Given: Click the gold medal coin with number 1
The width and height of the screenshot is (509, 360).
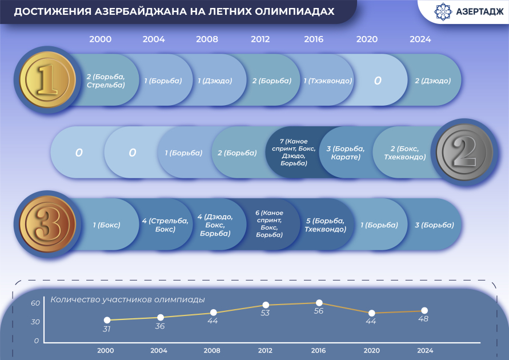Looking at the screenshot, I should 47,80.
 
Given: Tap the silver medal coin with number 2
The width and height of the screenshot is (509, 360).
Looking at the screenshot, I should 464,152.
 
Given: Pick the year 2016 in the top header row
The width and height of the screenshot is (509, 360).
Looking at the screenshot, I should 314,39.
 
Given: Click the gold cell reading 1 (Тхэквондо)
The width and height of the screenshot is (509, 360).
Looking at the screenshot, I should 327,81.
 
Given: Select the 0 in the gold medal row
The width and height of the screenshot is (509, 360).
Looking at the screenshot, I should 378,81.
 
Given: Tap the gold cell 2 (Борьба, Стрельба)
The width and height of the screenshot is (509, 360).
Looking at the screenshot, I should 106,81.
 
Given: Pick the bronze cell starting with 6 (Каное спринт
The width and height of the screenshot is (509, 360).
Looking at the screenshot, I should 268,223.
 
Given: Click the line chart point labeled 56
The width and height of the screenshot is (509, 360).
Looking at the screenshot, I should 319,303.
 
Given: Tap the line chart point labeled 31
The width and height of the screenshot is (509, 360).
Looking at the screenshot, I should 107,321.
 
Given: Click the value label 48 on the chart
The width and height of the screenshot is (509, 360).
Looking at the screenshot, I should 424,319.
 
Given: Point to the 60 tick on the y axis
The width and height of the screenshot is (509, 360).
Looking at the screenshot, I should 35,303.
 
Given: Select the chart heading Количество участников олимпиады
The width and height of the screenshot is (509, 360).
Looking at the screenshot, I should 127,299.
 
